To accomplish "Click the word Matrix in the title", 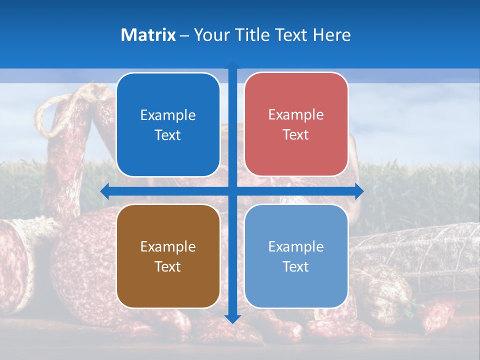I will pyautogui.click(x=148, y=35).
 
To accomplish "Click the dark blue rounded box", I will pyautogui.click(x=168, y=124).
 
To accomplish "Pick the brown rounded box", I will pyautogui.click(x=168, y=256).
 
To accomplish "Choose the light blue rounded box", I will pyautogui.click(x=296, y=256).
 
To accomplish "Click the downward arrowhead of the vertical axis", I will pyautogui.click(x=232, y=318).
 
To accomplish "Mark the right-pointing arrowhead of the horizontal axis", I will pyautogui.click(x=359, y=191).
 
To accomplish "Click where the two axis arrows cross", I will pyautogui.click(x=232, y=191).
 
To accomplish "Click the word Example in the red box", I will pyautogui.click(x=296, y=114).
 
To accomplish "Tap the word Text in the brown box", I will pyautogui.click(x=168, y=266).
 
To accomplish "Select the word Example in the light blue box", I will pyautogui.click(x=296, y=246).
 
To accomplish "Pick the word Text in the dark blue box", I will pyautogui.click(x=168, y=135).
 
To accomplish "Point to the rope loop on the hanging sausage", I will pyautogui.click(x=55, y=112).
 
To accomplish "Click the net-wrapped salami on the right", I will pyautogui.click(x=415, y=250).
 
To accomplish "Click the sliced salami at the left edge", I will pyautogui.click(x=12, y=260).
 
